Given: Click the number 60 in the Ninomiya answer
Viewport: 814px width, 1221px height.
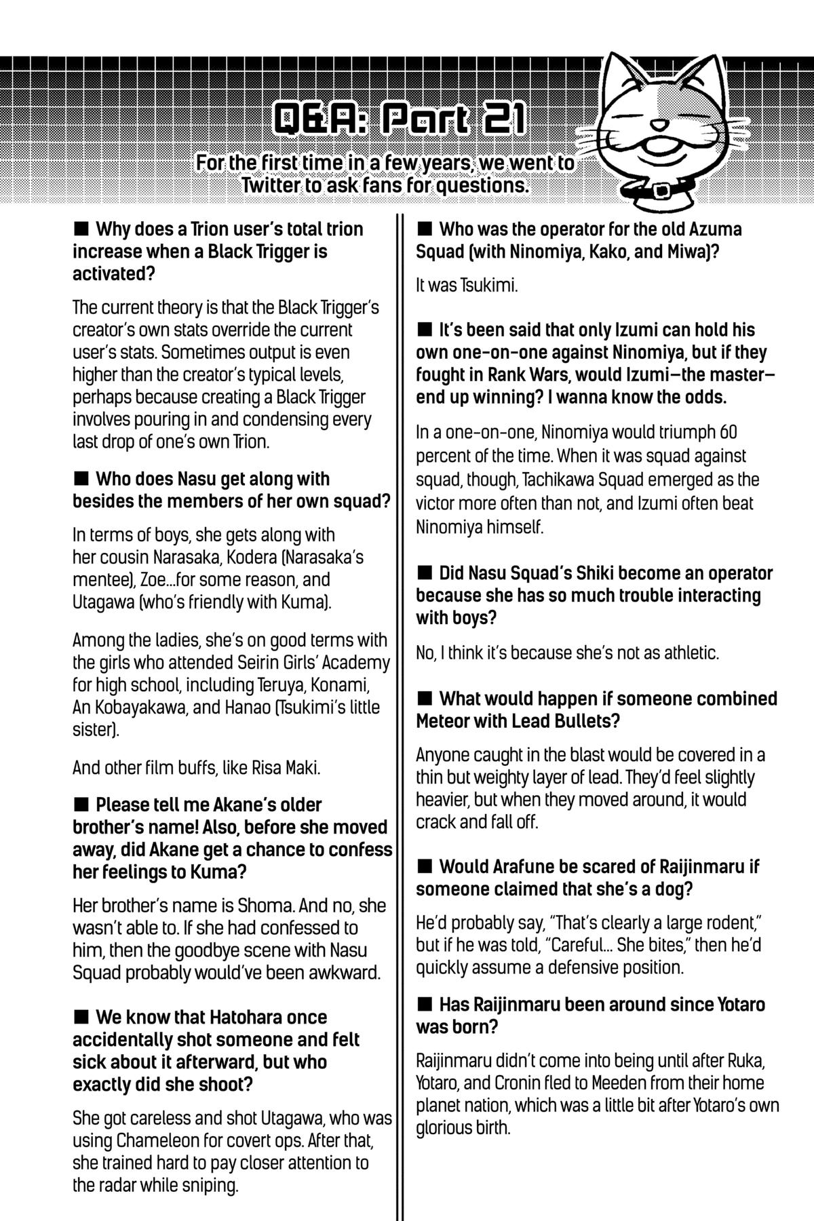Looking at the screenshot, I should (726, 432).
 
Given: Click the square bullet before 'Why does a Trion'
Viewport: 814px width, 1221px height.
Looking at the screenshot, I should (81, 229).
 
